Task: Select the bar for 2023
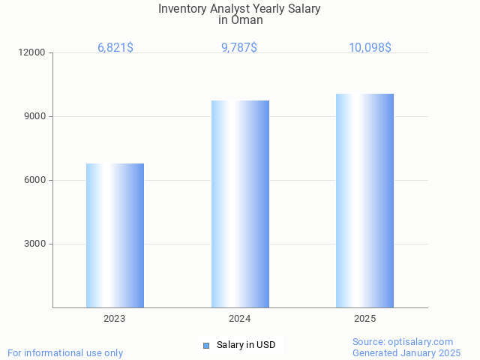(x=115, y=235)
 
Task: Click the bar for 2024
(x=240, y=204)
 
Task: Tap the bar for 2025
(x=364, y=200)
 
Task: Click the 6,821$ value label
(x=115, y=47)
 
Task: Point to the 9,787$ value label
(x=239, y=47)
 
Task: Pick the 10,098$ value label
(x=370, y=47)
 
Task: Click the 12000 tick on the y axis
(x=33, y=52)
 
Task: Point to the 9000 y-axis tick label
(x=35, y=116)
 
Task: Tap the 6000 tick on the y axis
(x=35, y=180)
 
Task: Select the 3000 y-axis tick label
(x=35, y=244)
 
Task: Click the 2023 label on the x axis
(x=115, y=319)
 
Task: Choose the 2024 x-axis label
(x=240, y=319)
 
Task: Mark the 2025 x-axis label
(x=364, y=319)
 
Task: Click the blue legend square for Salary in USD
(x=206, y=345)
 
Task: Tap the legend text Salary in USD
(x=246, y=345)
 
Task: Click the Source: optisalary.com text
(x=403, y=341)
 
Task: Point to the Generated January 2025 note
(x=406, y=352)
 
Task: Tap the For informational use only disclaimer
(x=65, y=352)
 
